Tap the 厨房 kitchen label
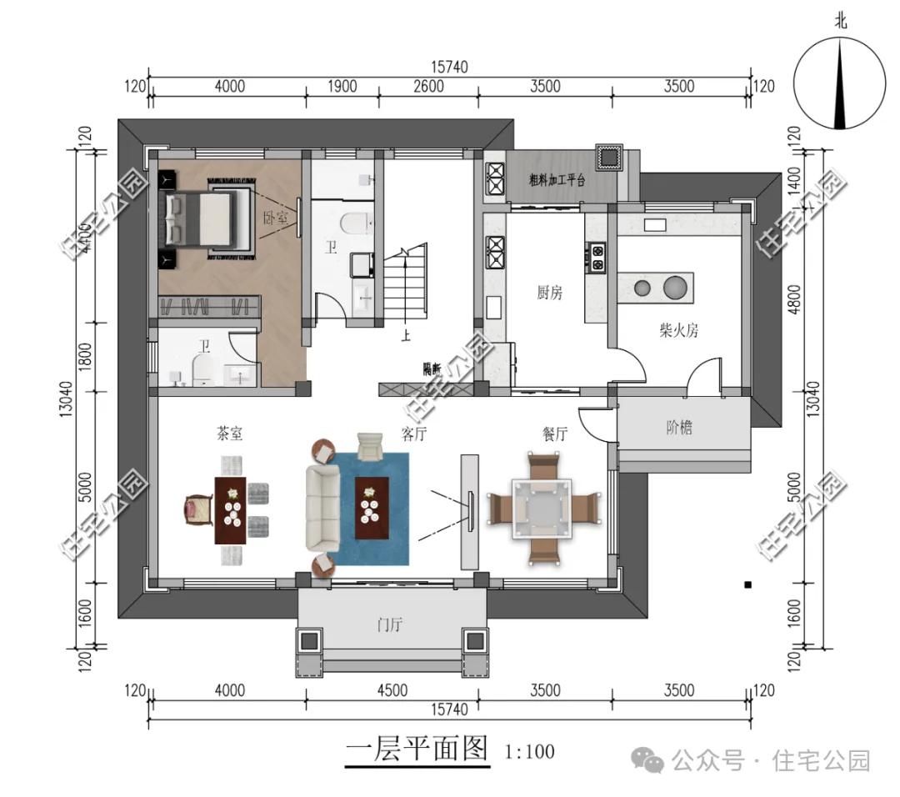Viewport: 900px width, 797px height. tap(549, 293)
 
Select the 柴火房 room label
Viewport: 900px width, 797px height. tap(678, 330)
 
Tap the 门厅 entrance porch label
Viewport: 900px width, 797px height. tap(390, 624)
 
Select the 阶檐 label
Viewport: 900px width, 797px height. tap(679, 429)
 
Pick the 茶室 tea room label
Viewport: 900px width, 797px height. tap(229, 434)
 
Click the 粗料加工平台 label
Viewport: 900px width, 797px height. tap(557, 179)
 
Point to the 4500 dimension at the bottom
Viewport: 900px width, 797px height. tap(392, 690)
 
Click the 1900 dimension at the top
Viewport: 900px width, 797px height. tap(341, 86)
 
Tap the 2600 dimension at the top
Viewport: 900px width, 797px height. tap(427, 86)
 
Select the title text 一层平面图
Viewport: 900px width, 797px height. tap(417, 749)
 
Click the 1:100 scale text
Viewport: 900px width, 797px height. tap(529, 752)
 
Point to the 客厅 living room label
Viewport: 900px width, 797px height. tap(414, 434)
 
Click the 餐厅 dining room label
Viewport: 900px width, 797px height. tap(549, 434)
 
